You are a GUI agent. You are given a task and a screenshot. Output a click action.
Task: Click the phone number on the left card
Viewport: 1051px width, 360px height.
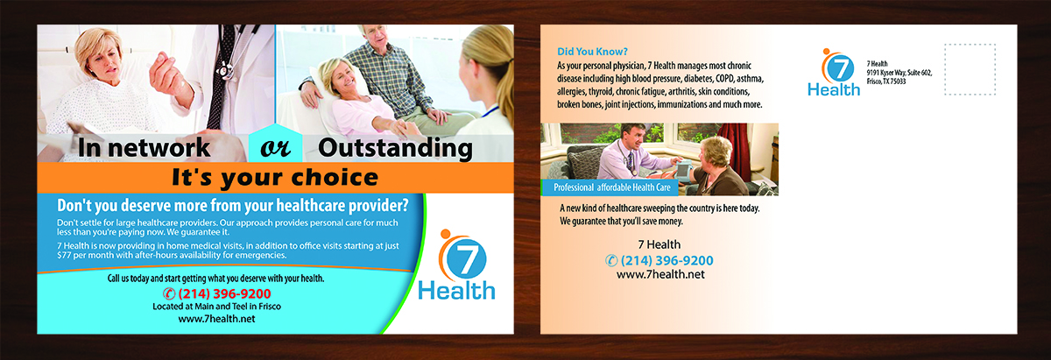pos(217,293)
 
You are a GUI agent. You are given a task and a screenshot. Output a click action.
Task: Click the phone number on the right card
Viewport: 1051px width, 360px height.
pos(659,260)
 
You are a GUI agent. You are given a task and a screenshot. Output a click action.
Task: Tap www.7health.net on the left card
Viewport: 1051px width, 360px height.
pos(216,320)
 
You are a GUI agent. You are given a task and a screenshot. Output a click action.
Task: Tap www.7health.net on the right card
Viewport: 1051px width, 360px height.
pos(660,275)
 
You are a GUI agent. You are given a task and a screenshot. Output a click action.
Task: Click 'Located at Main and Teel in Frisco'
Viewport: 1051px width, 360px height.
pos(216,307)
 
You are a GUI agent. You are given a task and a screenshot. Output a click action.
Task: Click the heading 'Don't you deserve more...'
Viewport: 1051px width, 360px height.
pos(232,207)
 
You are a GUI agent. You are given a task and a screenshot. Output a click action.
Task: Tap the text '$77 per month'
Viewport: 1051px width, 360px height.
pos(74,255)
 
